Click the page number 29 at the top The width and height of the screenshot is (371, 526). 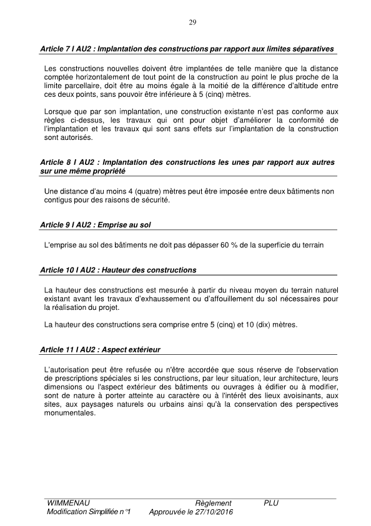(192, 22)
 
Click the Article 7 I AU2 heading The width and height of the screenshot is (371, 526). (186, 49)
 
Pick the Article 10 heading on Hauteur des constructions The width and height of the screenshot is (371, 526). (117, 270)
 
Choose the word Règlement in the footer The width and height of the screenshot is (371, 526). (213, 503)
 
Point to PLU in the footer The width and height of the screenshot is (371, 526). (271, 503)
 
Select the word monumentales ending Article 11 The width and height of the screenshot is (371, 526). (70, 412)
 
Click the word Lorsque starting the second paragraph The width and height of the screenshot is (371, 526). (59, 109)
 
